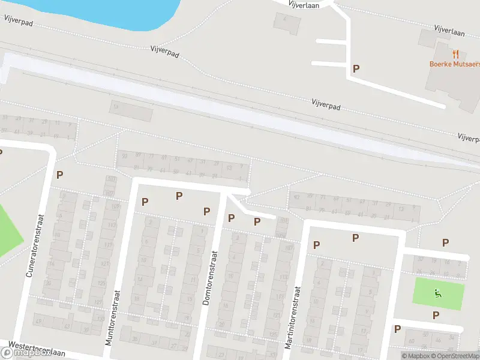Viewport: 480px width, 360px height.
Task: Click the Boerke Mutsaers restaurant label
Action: coord(454,64)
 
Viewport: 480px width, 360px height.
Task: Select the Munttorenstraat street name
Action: coord(113,318)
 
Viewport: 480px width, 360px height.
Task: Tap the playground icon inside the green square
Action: coord(438,293)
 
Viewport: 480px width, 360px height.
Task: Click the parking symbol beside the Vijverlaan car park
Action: coord(356,68)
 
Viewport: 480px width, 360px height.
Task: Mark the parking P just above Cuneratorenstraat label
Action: coord(59,175)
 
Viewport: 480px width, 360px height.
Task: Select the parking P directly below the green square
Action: coord(436,315)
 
